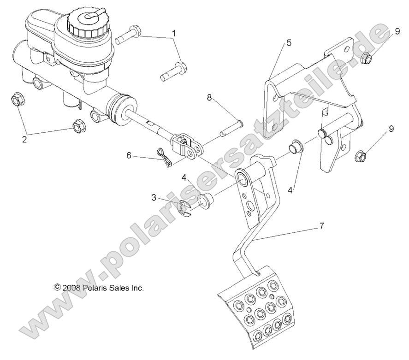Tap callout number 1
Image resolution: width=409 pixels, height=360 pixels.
click(174, 33)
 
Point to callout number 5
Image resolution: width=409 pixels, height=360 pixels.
click(289, 43)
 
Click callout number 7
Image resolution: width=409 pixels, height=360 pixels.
click(322, 226)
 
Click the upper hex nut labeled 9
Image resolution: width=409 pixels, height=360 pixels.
click(366, 58)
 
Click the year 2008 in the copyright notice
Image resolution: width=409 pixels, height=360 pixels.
click(72, 287)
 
